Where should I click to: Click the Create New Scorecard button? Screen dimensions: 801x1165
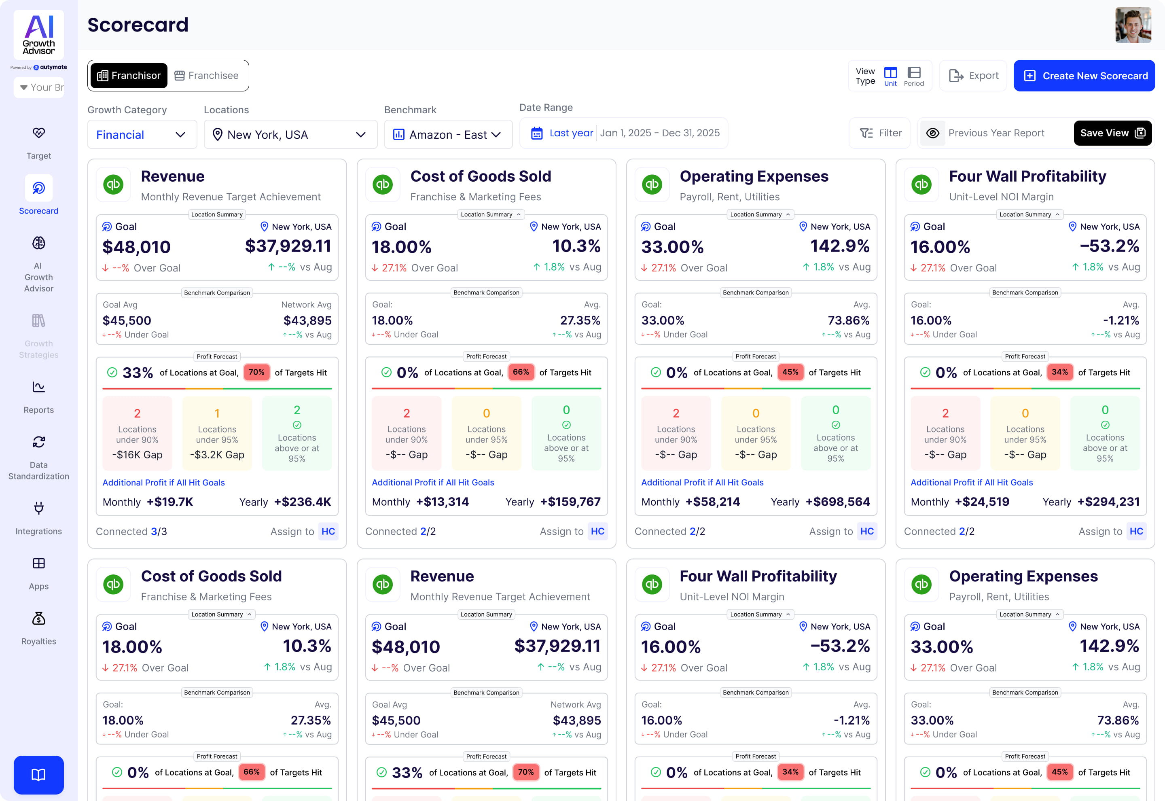click(1084, 76)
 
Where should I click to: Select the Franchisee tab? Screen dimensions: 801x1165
click(206, 76)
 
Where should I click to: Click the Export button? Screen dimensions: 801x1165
click(973, 76)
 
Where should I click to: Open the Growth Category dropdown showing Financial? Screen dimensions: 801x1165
click(142, 134)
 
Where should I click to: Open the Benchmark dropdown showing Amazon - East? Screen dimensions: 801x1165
click(447, 134)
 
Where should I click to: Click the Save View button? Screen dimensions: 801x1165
click(1112, 133)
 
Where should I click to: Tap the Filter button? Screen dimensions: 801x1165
click(881, 133)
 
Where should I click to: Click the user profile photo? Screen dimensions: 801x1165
click(1133, 25)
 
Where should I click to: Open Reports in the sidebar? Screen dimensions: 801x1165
click(39, 396)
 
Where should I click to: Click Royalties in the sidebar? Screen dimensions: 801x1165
click(39, 628)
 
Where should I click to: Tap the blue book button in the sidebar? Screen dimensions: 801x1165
click(39, 774)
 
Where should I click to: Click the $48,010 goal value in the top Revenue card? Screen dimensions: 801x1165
click(136, 247)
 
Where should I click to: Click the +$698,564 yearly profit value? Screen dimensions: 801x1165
click(837, 502)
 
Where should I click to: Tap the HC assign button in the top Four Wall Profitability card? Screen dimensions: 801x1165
click(1136, 532)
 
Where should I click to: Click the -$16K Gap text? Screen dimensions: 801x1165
click(137, 455)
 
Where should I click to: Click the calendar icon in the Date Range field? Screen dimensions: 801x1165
click(537, 133)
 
